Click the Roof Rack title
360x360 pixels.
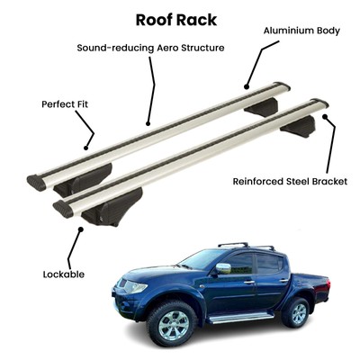pos(176,20)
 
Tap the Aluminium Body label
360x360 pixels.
pos(301,31)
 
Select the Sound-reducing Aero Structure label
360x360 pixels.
pos(150,48)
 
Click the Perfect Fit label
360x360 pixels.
pos(65,104)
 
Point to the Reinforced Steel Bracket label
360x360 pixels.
pos(290,182)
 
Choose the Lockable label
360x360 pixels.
pos(64,274)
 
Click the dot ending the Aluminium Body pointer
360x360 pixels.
pos(247,87)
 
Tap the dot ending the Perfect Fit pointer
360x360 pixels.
pos(85,148)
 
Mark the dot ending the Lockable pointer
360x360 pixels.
pos(80,229)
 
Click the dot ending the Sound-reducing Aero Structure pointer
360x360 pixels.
pos(148,123)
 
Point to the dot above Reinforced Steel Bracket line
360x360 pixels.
pos(324,116)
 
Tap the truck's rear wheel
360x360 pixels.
pos(296,312)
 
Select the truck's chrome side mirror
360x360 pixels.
pos(223,268)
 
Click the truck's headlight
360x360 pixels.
pos(136,287)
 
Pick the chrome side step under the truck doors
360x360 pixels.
pos(240,318)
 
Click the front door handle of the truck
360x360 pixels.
pos(248,282)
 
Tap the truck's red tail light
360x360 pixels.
pos(328,284)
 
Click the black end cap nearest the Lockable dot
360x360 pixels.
pos(63,209)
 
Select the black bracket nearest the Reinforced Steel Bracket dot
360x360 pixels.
pos(298,126)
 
